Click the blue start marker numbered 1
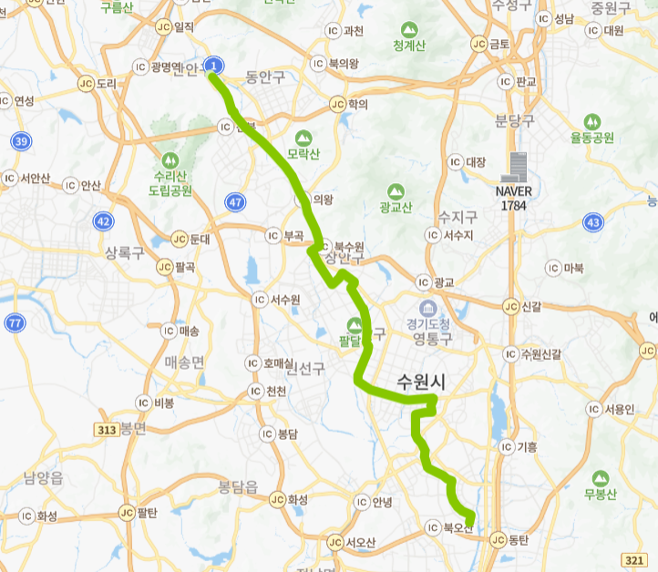point(214,66)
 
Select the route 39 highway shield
point(21,141)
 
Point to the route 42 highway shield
point(103,221)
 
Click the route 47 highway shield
point(236,201)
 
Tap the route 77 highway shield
point(15,322)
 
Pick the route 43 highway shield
point(593,221)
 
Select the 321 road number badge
point(635,558)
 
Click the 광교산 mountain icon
point(395,192)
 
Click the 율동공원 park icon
point(592,121)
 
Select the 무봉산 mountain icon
point(601,478)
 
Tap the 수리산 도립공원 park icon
point(170,161)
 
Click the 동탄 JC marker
point(498,540)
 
